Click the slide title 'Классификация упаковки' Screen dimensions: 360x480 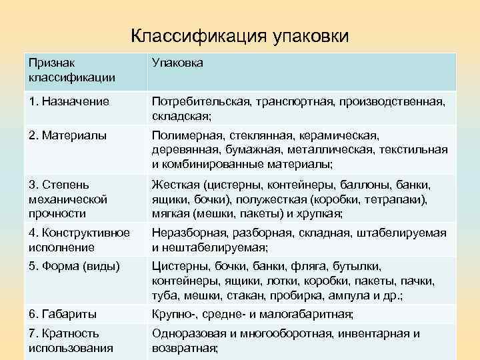(239, 35)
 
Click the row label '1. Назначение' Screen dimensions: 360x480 (69, 102)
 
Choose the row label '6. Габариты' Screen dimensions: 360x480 (63, 313)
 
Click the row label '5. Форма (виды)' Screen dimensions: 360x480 (74, 267)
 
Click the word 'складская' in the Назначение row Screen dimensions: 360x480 (179, 115)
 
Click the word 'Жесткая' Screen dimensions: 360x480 (174, 185)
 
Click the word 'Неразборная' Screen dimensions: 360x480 (189, 233)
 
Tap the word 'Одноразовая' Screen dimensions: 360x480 (189, 333)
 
